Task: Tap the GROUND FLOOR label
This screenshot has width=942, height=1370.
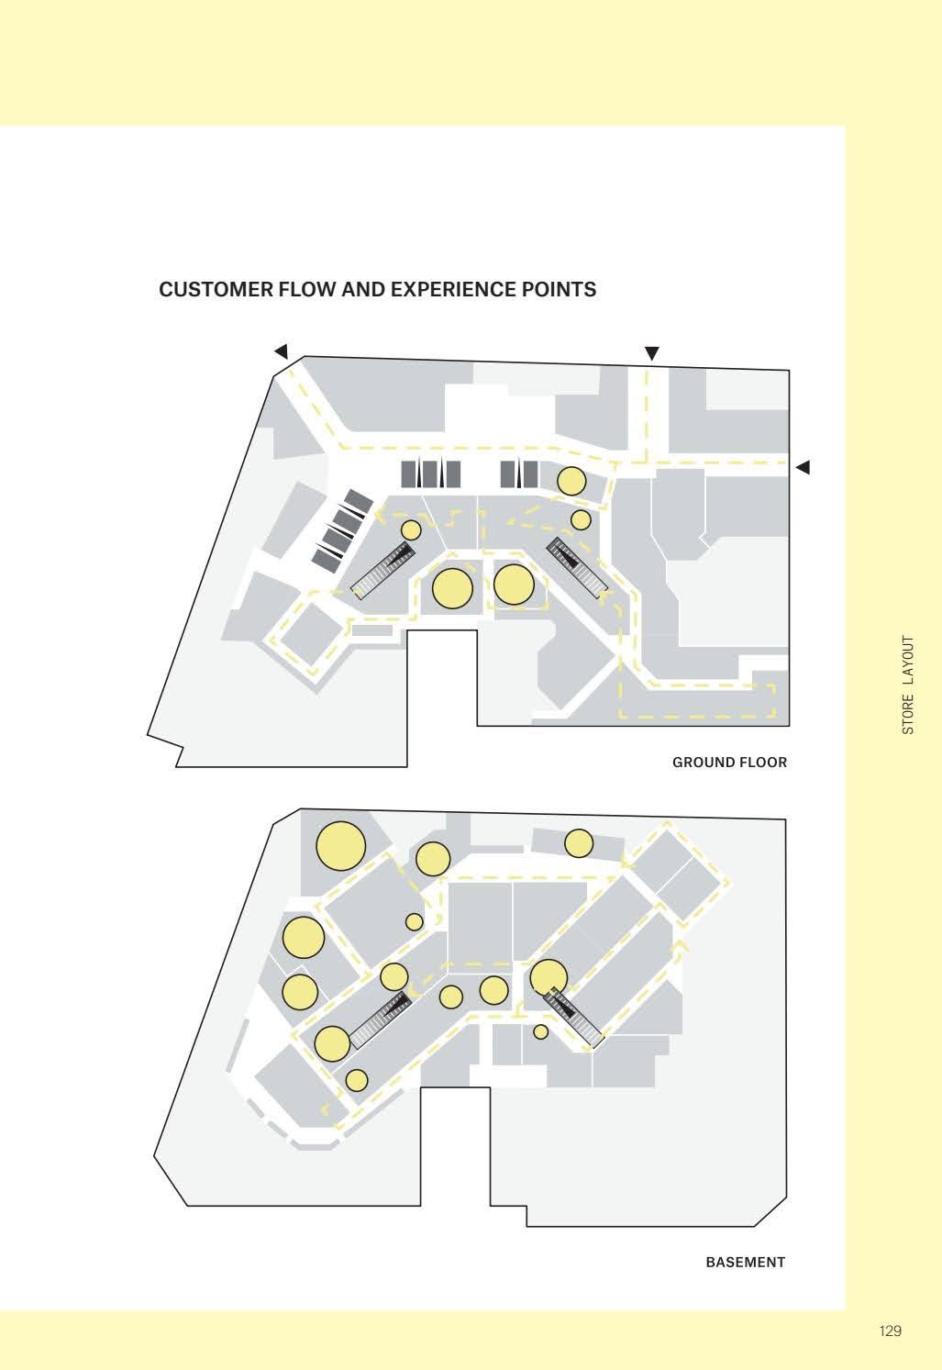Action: [729, 763]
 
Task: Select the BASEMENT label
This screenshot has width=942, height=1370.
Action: [745, 1263]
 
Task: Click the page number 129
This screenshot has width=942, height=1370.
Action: [891, 1325]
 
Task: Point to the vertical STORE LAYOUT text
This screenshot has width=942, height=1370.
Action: [908, 685]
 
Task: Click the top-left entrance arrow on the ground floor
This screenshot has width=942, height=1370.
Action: [282, 351]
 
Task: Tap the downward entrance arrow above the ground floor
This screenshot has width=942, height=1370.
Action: [651, 353]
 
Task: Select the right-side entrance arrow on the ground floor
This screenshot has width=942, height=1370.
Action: [803, 467]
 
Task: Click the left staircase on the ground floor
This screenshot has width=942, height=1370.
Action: [383, 571]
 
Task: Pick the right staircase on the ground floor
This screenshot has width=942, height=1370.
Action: [578, 566]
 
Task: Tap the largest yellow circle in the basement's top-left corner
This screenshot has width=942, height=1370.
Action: [340, 846]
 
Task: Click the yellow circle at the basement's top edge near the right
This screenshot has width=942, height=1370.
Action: [578, 844]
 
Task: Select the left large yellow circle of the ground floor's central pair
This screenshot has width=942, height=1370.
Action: [452, 588]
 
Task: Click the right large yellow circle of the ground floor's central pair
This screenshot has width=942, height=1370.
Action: [514, 585]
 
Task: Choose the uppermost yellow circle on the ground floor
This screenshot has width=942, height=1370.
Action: [571, 482]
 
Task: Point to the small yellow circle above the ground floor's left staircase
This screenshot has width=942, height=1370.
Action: [411, 529]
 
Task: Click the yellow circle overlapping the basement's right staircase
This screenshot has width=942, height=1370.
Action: [549, 977]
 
